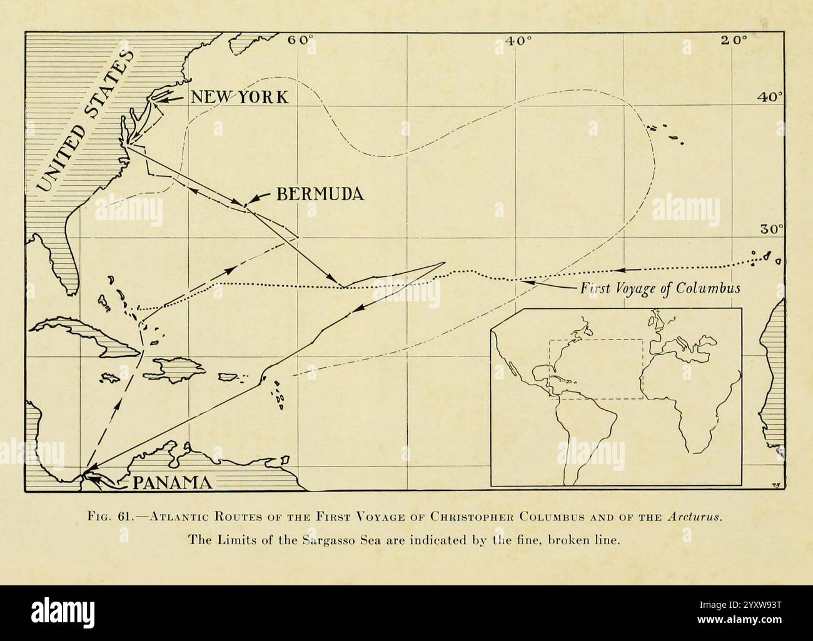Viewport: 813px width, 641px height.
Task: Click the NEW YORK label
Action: [239, 97]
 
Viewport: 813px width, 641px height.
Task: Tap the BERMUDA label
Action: [320, 194]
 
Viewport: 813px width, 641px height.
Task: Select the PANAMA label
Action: [170, 482]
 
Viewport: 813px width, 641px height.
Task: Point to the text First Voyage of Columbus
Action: [660, 288]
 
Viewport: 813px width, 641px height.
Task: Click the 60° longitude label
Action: [300, 40]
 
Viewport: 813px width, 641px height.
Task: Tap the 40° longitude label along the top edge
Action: [518, 40]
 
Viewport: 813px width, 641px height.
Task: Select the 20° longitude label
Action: [733, 40]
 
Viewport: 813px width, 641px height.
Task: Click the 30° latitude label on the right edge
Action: [771, 229]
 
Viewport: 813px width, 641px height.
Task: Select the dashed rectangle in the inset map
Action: [595, 369]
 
